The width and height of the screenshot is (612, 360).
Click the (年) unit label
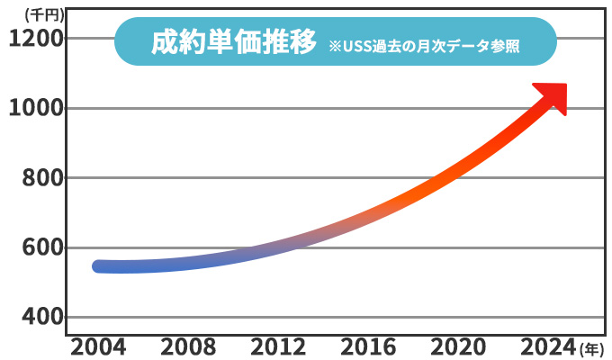(593, 348)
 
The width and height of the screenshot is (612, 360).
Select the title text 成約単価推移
(233, 41)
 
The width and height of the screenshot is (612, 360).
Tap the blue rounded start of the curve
(100, 266)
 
